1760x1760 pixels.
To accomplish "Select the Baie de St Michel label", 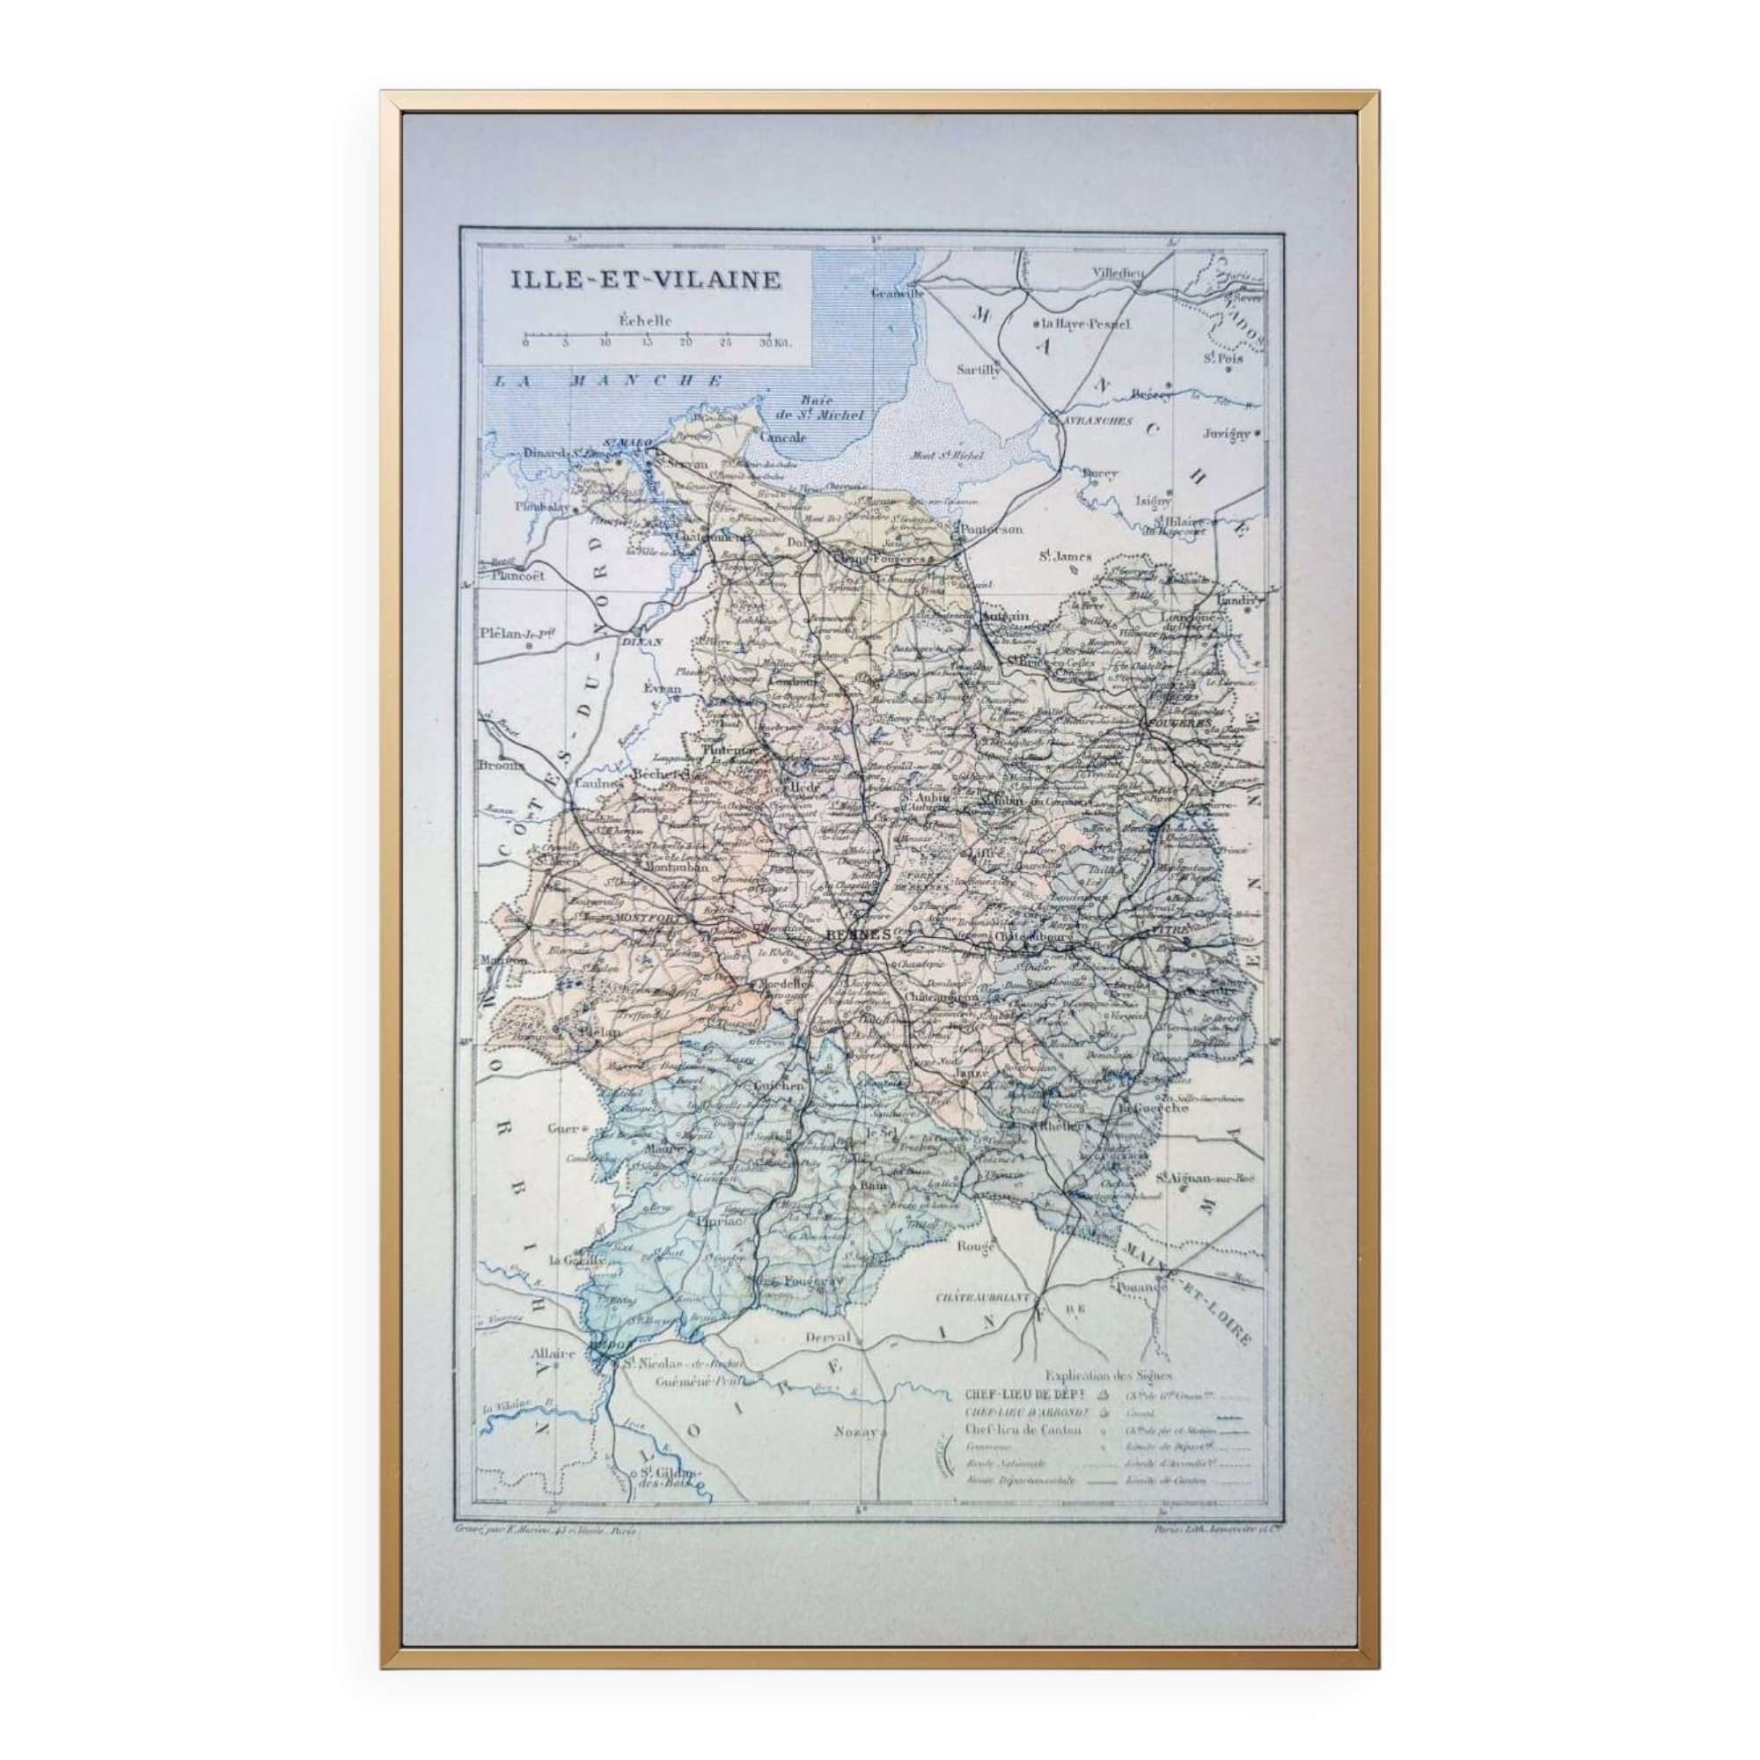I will coord(829,407).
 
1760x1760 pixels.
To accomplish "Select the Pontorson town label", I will coord(991,528).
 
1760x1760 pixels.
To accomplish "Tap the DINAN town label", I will coord(641,642).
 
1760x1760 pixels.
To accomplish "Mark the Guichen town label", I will coord(779,1085).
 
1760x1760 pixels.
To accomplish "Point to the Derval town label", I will coord(828,1338).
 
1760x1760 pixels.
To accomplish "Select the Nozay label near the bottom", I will coord(855,1432).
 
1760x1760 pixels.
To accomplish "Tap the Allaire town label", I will coord(553,1378).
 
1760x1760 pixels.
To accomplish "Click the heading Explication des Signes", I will coord(1110,1376).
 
